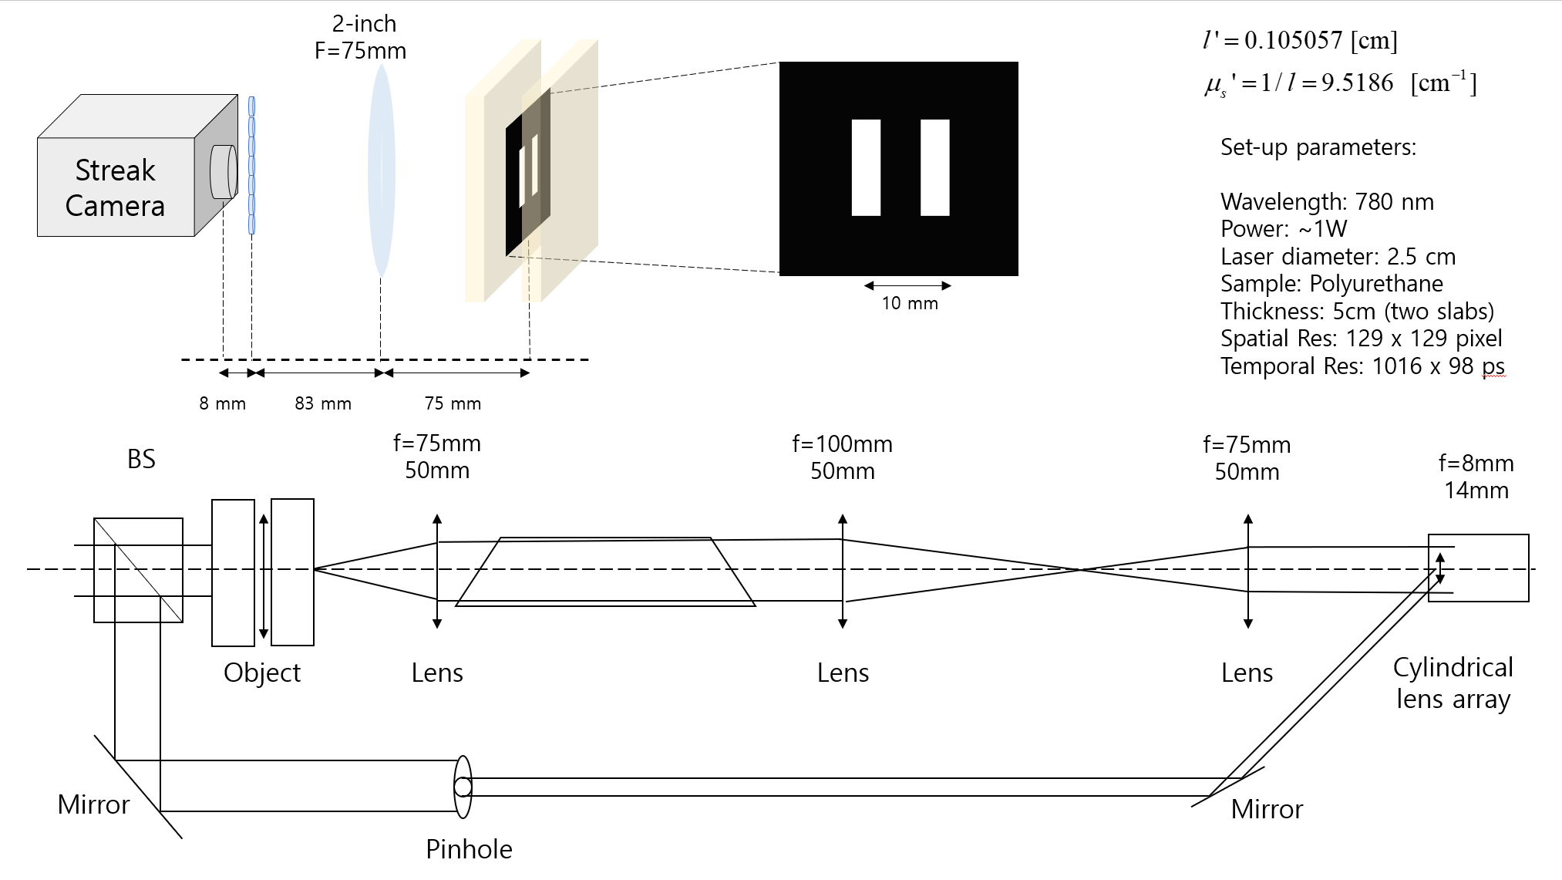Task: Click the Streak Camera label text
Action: coord(115,187)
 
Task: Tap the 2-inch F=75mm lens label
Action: coord(361,38)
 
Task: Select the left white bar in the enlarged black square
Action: coord(866,167)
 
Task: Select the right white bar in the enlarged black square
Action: coord(934,167)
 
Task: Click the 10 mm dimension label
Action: coord(910,303)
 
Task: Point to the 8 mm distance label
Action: coord(222,403)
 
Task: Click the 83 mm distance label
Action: coord(323,403)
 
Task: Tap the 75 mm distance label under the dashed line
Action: coord(453,403)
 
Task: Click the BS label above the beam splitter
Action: coord(141,459)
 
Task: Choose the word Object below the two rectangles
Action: coord(262,673)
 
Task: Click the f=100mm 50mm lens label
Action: coord(842,457)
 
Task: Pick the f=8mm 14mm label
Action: coord(1476,476)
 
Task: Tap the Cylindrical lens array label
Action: coord(1453,683)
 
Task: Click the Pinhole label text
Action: coord(469,849)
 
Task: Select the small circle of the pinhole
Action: coord(463,787)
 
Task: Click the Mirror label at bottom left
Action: coord(93,804)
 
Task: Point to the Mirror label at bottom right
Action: coord(1267,809)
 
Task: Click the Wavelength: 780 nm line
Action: coord(1327,202)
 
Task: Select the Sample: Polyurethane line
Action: coord(1331,284)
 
